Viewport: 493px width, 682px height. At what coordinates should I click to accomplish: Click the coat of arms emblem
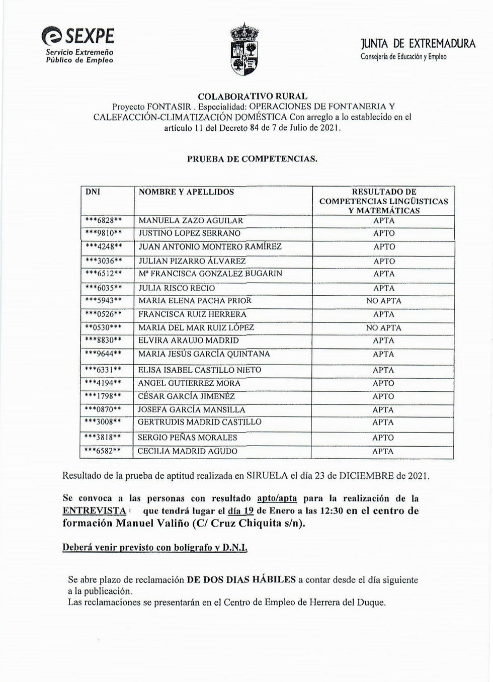click(244, 49)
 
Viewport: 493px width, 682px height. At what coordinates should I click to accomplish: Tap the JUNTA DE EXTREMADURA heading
click(418, 43)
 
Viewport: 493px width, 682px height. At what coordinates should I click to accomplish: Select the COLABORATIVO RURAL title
click(253, 96)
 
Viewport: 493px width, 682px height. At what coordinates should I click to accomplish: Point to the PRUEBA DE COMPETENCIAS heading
click(252, 159)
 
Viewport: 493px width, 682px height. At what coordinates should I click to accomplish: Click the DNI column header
click(93, 192)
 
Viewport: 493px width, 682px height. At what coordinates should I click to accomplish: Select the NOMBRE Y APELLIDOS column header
click(186, 192)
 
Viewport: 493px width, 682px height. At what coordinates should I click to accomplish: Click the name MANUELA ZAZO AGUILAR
click(191, 220)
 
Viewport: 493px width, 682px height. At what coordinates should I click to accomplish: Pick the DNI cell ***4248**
click(103, 246)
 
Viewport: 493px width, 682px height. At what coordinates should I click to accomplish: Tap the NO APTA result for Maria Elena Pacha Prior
click(384, 301)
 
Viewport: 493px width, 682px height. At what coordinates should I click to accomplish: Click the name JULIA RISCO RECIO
click(177, 288)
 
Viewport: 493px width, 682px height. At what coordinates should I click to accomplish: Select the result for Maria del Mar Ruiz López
click(384, 328)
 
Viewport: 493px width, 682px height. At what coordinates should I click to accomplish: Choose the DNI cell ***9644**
click(103, 354)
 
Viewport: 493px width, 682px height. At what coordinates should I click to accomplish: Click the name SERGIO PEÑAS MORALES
click(187, 438)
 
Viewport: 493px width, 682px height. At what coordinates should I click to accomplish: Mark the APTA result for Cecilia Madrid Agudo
click(383, 451)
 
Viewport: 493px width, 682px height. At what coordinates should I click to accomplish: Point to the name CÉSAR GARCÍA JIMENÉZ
click(186, 396)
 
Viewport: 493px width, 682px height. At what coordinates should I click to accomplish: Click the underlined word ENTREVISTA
click(94, 510)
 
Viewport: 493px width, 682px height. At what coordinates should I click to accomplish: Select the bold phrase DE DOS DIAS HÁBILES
click(241, 579)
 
